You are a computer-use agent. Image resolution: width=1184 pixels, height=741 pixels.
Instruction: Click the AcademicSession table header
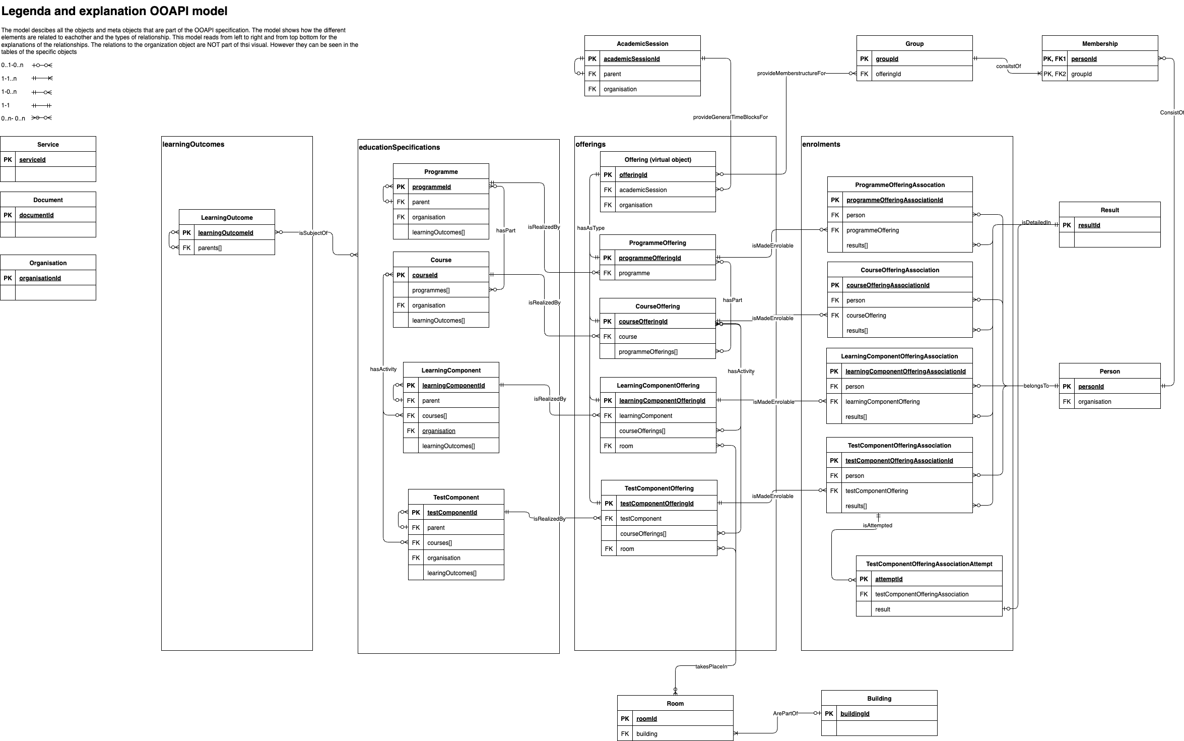642,44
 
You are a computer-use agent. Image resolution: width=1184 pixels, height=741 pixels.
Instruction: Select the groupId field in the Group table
887,59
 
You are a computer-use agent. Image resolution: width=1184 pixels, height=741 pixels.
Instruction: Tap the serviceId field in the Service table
32,160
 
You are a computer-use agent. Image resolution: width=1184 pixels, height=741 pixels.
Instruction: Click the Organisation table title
48,263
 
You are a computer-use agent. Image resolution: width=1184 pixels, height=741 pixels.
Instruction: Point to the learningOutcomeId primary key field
226,233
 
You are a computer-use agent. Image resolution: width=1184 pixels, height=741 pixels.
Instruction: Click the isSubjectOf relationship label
313,233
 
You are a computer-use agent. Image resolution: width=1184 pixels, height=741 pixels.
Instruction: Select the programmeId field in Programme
431,187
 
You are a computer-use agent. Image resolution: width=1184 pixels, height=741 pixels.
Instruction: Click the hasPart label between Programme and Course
505,230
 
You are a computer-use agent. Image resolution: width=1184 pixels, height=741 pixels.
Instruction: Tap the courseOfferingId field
643,322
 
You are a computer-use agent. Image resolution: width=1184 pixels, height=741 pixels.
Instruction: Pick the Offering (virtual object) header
657,160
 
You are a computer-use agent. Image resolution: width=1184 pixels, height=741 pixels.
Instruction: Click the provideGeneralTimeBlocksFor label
730,117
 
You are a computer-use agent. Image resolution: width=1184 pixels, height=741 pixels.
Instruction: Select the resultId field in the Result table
1089,225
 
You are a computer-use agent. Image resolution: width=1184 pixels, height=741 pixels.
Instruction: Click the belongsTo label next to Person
1036,386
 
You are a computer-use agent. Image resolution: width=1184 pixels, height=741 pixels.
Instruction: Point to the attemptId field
888,579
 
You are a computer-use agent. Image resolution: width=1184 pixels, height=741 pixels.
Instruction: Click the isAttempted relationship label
877,525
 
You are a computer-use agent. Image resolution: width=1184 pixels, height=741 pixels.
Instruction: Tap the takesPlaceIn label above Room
711,666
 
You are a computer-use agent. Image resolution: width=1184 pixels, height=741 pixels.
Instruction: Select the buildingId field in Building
854,714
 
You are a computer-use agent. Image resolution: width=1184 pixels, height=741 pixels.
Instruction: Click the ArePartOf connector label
785,714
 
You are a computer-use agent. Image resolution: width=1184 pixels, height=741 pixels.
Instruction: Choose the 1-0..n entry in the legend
9,92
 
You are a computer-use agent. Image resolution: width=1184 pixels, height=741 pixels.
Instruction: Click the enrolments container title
821,144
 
